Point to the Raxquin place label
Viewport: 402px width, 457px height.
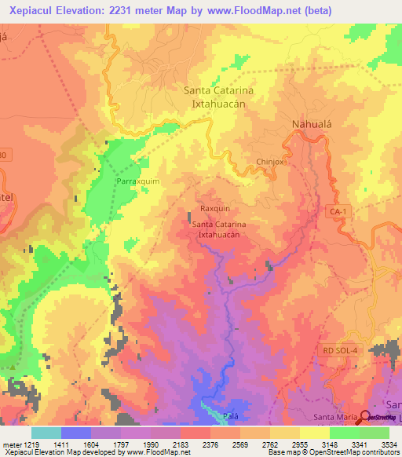[215, 209]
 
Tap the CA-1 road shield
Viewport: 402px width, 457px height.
[338, 212]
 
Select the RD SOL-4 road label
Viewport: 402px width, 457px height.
[339, 349]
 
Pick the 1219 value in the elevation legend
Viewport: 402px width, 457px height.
[31, 445]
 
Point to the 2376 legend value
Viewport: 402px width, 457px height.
[210, 445]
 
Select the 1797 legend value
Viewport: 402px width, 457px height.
[121, 445]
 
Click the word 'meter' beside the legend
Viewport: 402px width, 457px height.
[11, 445]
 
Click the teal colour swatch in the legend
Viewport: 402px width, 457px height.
[46, 433]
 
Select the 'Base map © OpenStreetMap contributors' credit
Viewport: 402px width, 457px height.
[332, 452]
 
